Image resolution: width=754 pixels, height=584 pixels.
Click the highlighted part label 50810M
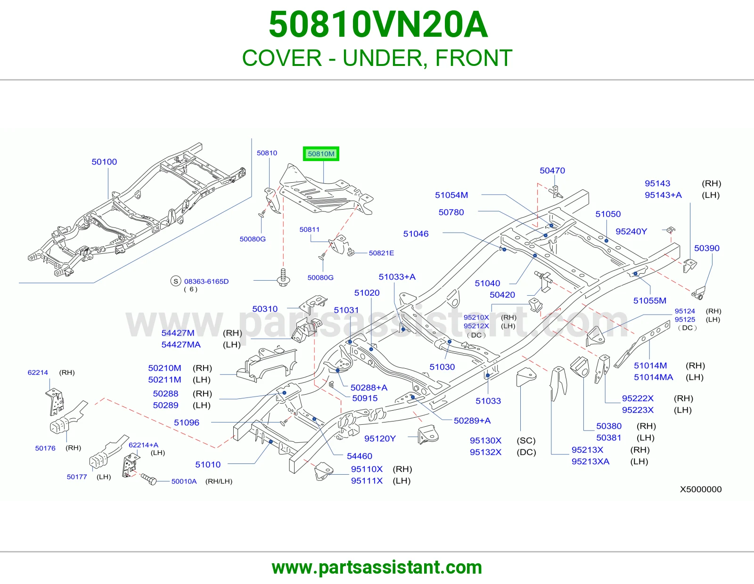[321, 154]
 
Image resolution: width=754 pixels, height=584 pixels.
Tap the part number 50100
[104, 162]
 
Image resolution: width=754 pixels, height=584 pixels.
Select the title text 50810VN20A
[378, 24]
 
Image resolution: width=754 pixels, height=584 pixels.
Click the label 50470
[552, 170]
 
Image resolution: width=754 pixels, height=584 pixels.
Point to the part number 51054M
[451, 195]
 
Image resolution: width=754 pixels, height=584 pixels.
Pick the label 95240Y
[631, 232]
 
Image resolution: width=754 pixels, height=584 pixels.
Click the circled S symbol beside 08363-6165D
[176, 281]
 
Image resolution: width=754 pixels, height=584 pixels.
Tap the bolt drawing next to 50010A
[148, 479]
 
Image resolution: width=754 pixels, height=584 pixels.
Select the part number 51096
[187, 423]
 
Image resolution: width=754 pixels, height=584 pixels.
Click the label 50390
[707, 248]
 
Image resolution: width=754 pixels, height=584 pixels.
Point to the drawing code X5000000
[701, 489]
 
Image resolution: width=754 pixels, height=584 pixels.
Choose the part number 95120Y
[380, 438]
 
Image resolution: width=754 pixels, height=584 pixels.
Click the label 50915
[365, 398]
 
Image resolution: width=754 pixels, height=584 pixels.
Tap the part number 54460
[360, 456]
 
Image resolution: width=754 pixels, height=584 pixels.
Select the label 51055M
[649, 300]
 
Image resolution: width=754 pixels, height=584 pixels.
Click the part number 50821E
[381, 253]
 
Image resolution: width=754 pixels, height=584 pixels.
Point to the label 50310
[265, 309]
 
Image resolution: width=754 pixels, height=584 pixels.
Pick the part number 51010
[208, 465]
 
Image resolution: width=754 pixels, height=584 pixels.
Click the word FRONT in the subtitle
[474, 58]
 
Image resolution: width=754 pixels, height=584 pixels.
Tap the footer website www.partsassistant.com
[377, 568]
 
